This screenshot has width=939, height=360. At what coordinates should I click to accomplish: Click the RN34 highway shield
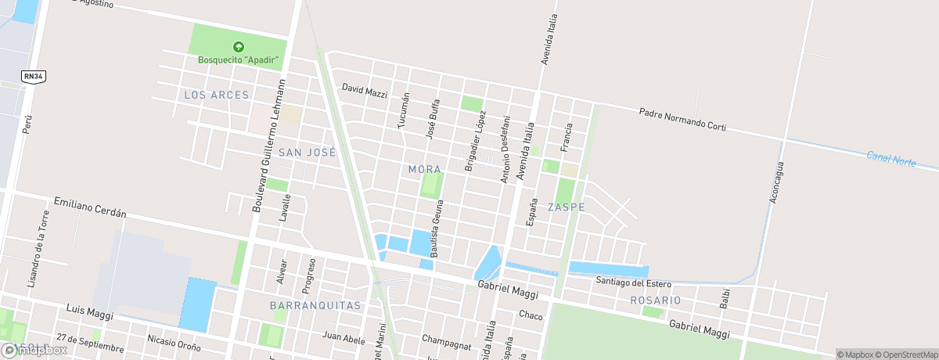click(x=32, y=76)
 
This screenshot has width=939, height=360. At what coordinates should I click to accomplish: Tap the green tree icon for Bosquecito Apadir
click(x=239, y=47)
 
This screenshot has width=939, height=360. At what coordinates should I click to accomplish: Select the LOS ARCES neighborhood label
click(x=216, y=95)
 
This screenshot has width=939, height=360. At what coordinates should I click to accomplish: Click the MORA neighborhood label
click(x=425, y=169)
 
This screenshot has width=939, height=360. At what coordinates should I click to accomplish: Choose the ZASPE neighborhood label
click(x=567, y=207)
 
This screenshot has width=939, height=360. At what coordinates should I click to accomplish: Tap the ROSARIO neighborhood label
click(x=655, y=301)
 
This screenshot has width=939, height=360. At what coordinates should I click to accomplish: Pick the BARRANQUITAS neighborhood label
click(x=315, y=305)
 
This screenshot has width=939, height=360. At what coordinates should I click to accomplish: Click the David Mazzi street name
click(x=365, y=91)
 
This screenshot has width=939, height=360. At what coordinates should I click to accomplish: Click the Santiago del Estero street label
click(x=633, y=282)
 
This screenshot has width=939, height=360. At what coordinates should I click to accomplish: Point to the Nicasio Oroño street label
click(x=173, y=344)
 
